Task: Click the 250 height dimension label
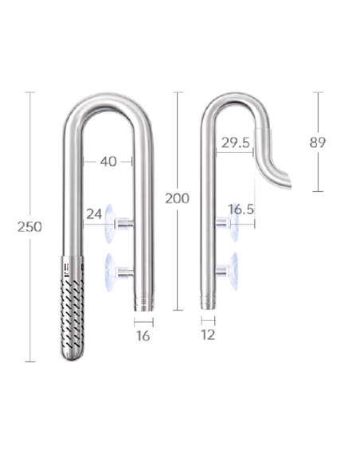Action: coord(29,227)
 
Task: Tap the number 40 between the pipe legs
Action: coord(108,162)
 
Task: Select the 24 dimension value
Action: coord(94,213)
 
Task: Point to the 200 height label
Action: coord(177,198)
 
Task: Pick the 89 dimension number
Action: coord(317,143)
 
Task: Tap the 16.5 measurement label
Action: coord(241,209)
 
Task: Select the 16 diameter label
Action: coord(143,336)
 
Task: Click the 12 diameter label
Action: coord(208,335)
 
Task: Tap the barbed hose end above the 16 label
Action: coord(143,303)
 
